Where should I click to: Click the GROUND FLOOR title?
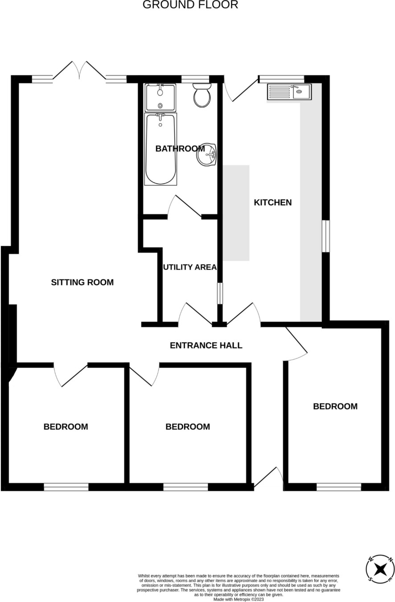190,5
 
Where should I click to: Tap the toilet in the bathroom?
202,95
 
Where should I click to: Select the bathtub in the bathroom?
160,149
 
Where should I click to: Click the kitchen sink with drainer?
289,92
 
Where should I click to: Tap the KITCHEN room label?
273,202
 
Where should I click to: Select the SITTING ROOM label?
82,282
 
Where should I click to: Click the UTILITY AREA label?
190,267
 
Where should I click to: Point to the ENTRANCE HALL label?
206,345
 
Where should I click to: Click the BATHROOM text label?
180,148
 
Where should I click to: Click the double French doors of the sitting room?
79,70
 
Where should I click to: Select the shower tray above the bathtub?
160,98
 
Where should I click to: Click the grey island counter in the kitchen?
236,213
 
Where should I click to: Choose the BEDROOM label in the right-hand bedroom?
335,406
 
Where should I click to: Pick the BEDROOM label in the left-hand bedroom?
66,426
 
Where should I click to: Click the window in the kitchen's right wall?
325,236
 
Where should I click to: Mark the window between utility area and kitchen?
220,293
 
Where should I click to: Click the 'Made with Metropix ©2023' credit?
239,599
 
